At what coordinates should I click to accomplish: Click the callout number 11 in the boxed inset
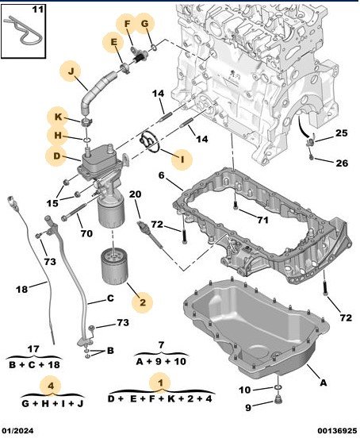(38, 10)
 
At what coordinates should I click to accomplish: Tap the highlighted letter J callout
(71, 71)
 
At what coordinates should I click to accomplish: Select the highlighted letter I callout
(182, 160)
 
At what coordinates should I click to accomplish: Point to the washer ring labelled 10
(278, 387)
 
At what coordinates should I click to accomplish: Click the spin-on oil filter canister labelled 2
(114, 267)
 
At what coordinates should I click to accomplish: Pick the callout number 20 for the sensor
(135, 194)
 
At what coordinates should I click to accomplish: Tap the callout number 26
(342, 163)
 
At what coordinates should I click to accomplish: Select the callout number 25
(342, 133)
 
